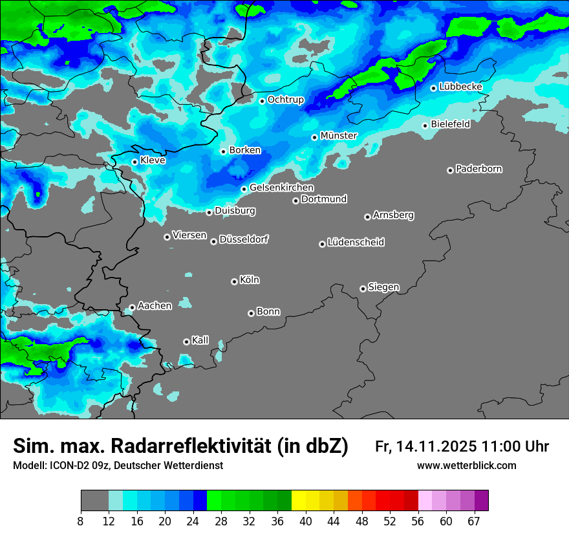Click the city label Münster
[339, 136]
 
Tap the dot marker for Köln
[234, 281]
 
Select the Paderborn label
[478, 170]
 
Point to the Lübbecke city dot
[433, 88]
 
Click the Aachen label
[155, 306]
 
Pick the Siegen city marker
[363, 289]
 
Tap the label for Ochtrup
[285, 100]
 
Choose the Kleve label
[153, 160]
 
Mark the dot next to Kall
[186, 342]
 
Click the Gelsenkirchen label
[281, 188]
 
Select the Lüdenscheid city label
[356, 243]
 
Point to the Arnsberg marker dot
[367, 217]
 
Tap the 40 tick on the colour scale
[305, 521]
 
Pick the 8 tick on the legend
[81, 521]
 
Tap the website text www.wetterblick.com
[466, 466]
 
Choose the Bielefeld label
[450, 124]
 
